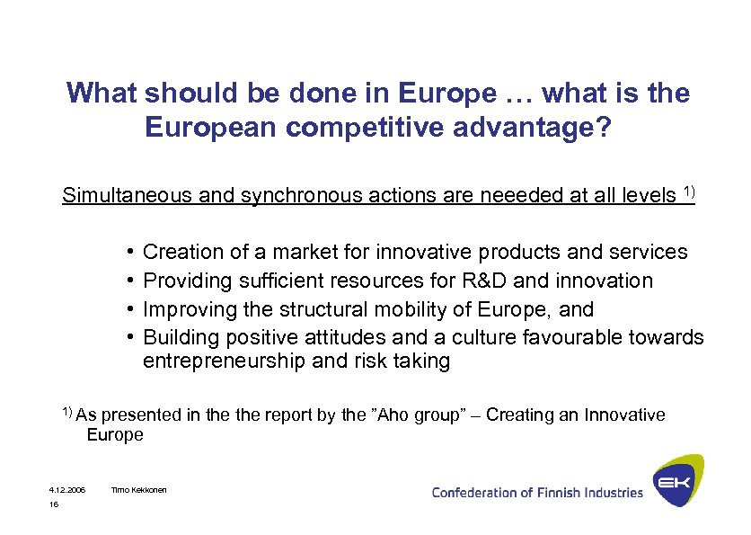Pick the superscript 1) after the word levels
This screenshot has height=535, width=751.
689,190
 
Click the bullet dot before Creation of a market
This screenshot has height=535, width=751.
131,252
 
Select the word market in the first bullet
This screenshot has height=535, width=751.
317,253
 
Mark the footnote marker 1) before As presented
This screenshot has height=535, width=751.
67,412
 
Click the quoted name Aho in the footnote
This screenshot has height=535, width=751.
392,415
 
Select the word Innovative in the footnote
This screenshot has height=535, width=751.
624,415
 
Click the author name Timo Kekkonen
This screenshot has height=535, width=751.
138,490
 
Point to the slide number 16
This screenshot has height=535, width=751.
54,505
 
